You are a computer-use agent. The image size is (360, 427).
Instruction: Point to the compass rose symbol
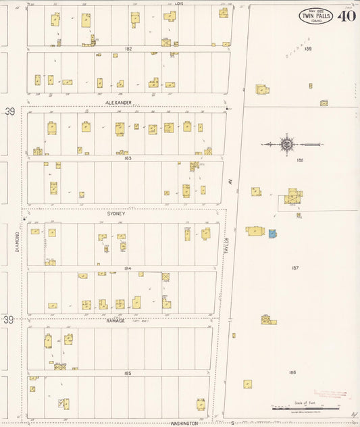click(x=287, y=144)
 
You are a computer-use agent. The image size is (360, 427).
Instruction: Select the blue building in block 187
click(x=272, y=234)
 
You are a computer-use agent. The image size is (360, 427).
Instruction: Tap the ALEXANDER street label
click(x=119, y=103)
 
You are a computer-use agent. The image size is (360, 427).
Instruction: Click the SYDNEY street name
click(x=116, y=213)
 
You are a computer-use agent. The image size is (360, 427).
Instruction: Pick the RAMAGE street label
click(x=116, y=321)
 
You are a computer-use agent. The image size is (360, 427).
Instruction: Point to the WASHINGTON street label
click(x=184, y=424)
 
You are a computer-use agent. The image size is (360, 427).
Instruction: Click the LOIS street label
click(x=179, y=3)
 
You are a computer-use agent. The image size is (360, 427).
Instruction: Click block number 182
click(x=128, y=49)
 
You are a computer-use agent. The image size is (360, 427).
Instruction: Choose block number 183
click(x=127, y=158)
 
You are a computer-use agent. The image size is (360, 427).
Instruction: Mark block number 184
click(x=127, y=268)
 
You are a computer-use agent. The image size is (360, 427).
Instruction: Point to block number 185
click(x=127, y=373)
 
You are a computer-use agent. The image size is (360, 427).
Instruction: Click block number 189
click(x=308, y=49)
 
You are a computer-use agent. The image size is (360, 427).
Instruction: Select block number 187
click(x=294, y=268)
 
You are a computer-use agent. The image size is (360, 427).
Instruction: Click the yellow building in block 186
click(x=248, y=384)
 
